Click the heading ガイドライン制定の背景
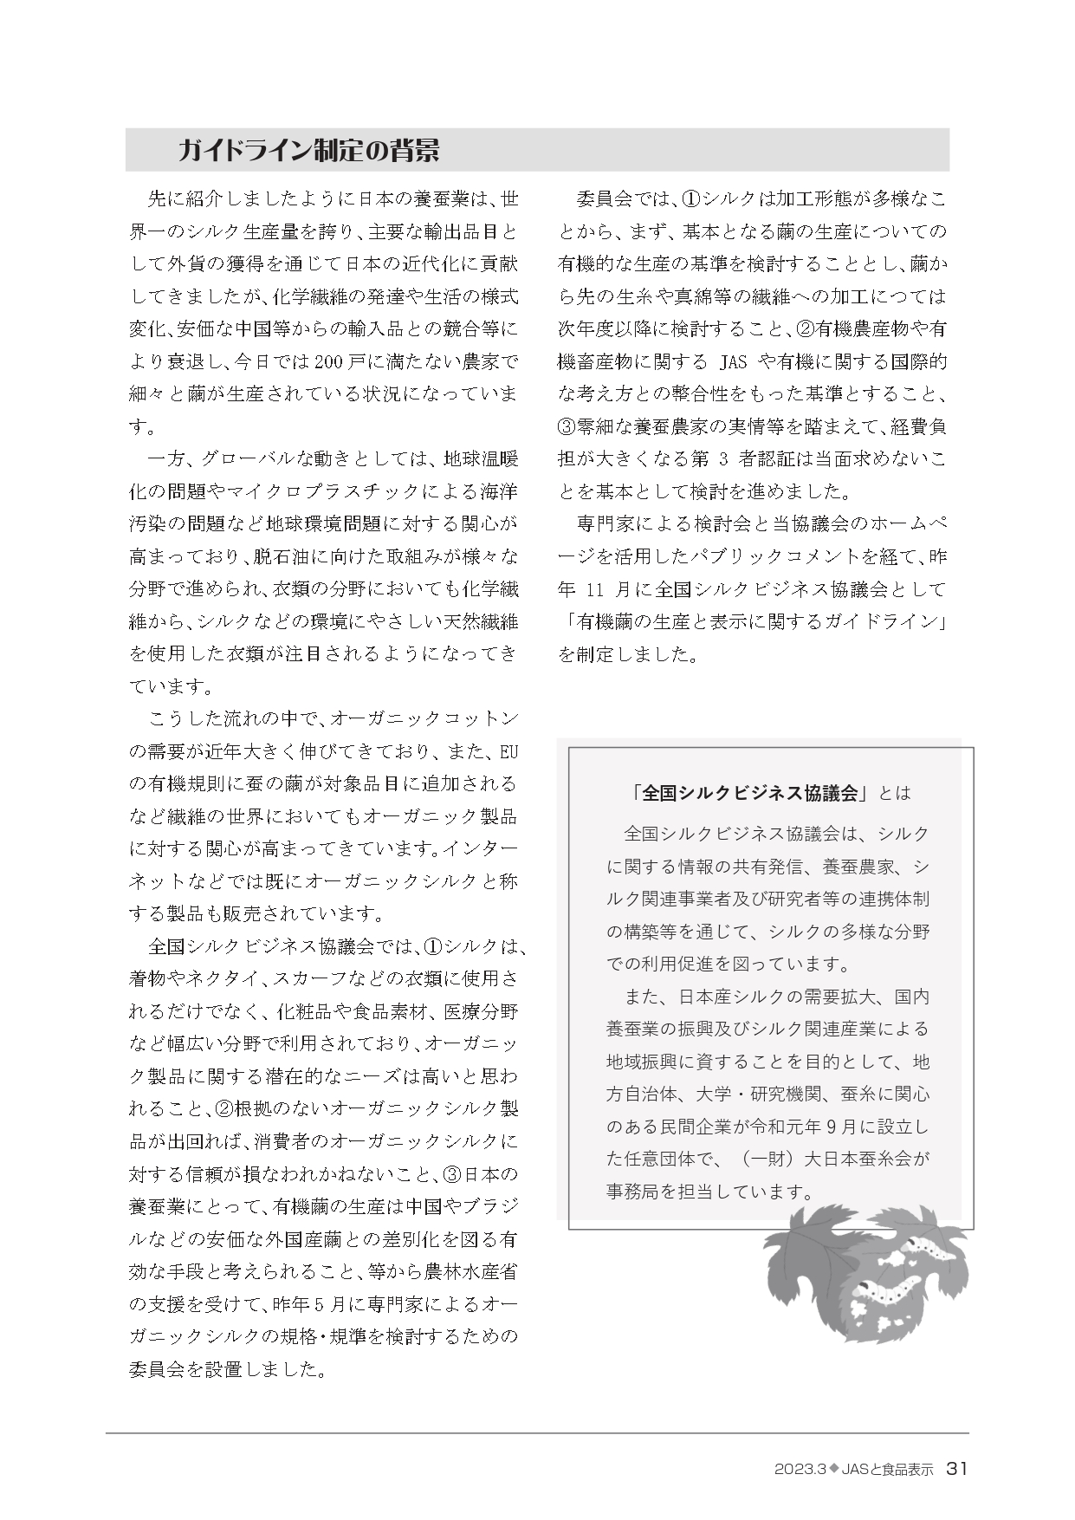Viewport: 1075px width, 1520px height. pyautogui.click(x=308, y=151)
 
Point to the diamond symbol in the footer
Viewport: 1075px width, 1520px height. pyautogui.click(x=836, y=1468)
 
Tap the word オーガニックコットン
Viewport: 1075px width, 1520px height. pyautogui.click(x=424, y=718)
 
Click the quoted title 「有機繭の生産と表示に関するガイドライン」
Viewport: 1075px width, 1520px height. pyautogui.click(x=751, y=621)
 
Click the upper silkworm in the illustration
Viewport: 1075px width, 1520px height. pyautogui.click(x=924, y=1250)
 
